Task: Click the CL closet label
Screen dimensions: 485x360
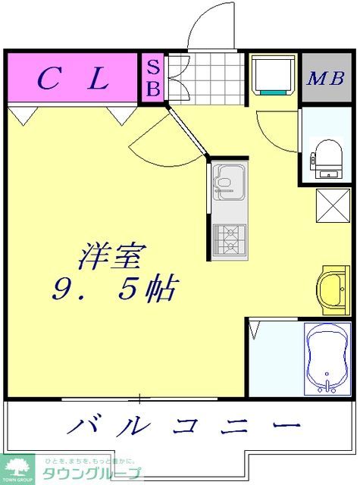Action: pyautogui.click(x=74, y=78)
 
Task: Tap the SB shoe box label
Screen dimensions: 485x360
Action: pyautogui.click(x=152, y=77)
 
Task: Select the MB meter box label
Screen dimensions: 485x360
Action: pyautogui.click(x=327, y=78)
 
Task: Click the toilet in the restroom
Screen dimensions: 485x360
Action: pyautogui.click(x=327, y=158)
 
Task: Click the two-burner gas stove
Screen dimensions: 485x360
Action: pyautogui.click(x=227, y=239)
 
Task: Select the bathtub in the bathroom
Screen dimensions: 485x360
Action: pyautogui.click(x=327, y=359)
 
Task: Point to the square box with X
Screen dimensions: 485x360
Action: pyautogui.click(x=332, y=205)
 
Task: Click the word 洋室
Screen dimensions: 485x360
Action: pyautogui.click(x=111, y=258)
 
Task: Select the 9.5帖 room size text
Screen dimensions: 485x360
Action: pyautogui.click(x=114, y=289)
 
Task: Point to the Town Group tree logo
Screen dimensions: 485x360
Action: pyautogui.click(x=17, y=468)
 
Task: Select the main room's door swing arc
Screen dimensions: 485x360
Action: pyautogui.click(x=155, y=136)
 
